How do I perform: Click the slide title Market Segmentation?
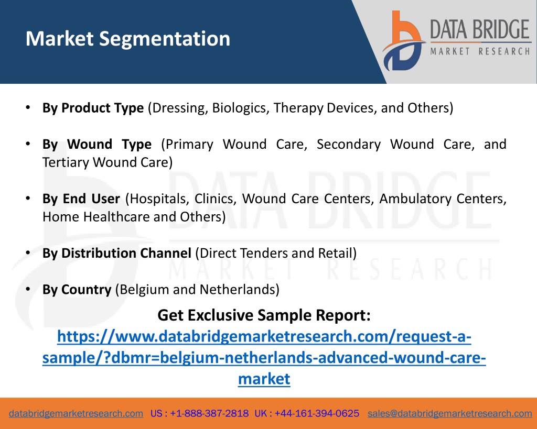coord(128,39)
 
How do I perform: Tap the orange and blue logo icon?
coord(404,41)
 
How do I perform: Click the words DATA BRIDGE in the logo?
coord(480,29)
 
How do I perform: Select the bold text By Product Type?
coord(93,108)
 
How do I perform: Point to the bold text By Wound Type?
coord(97,145)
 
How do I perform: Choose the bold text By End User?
coord(81,199)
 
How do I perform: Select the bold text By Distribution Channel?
coord(117,253)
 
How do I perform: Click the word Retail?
coord(338,253)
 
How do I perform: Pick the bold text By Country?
coord(77,290)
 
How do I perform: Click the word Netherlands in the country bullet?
coord(240,290)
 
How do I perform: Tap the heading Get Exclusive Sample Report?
coord(264,315)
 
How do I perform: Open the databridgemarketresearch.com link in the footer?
coord(76,414)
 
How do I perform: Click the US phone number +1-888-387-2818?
coord(209,414)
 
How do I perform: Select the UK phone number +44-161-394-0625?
coord(317,414)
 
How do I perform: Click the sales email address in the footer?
coord(449,414)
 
